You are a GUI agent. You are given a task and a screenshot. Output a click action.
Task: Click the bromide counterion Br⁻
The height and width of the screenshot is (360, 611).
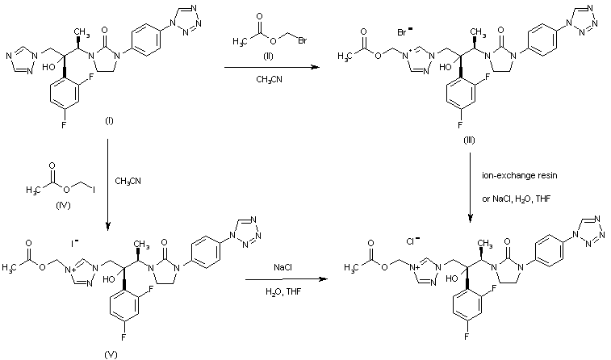tap(406, 32)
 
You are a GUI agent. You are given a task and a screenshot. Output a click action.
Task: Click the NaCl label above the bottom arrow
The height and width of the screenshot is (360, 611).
tap(282, 265)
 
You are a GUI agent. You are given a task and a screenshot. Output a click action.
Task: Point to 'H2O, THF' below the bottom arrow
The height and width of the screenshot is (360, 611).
tap(282, 289)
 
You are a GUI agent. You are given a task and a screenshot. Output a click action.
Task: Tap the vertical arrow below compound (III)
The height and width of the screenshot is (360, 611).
tap(471, 186)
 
